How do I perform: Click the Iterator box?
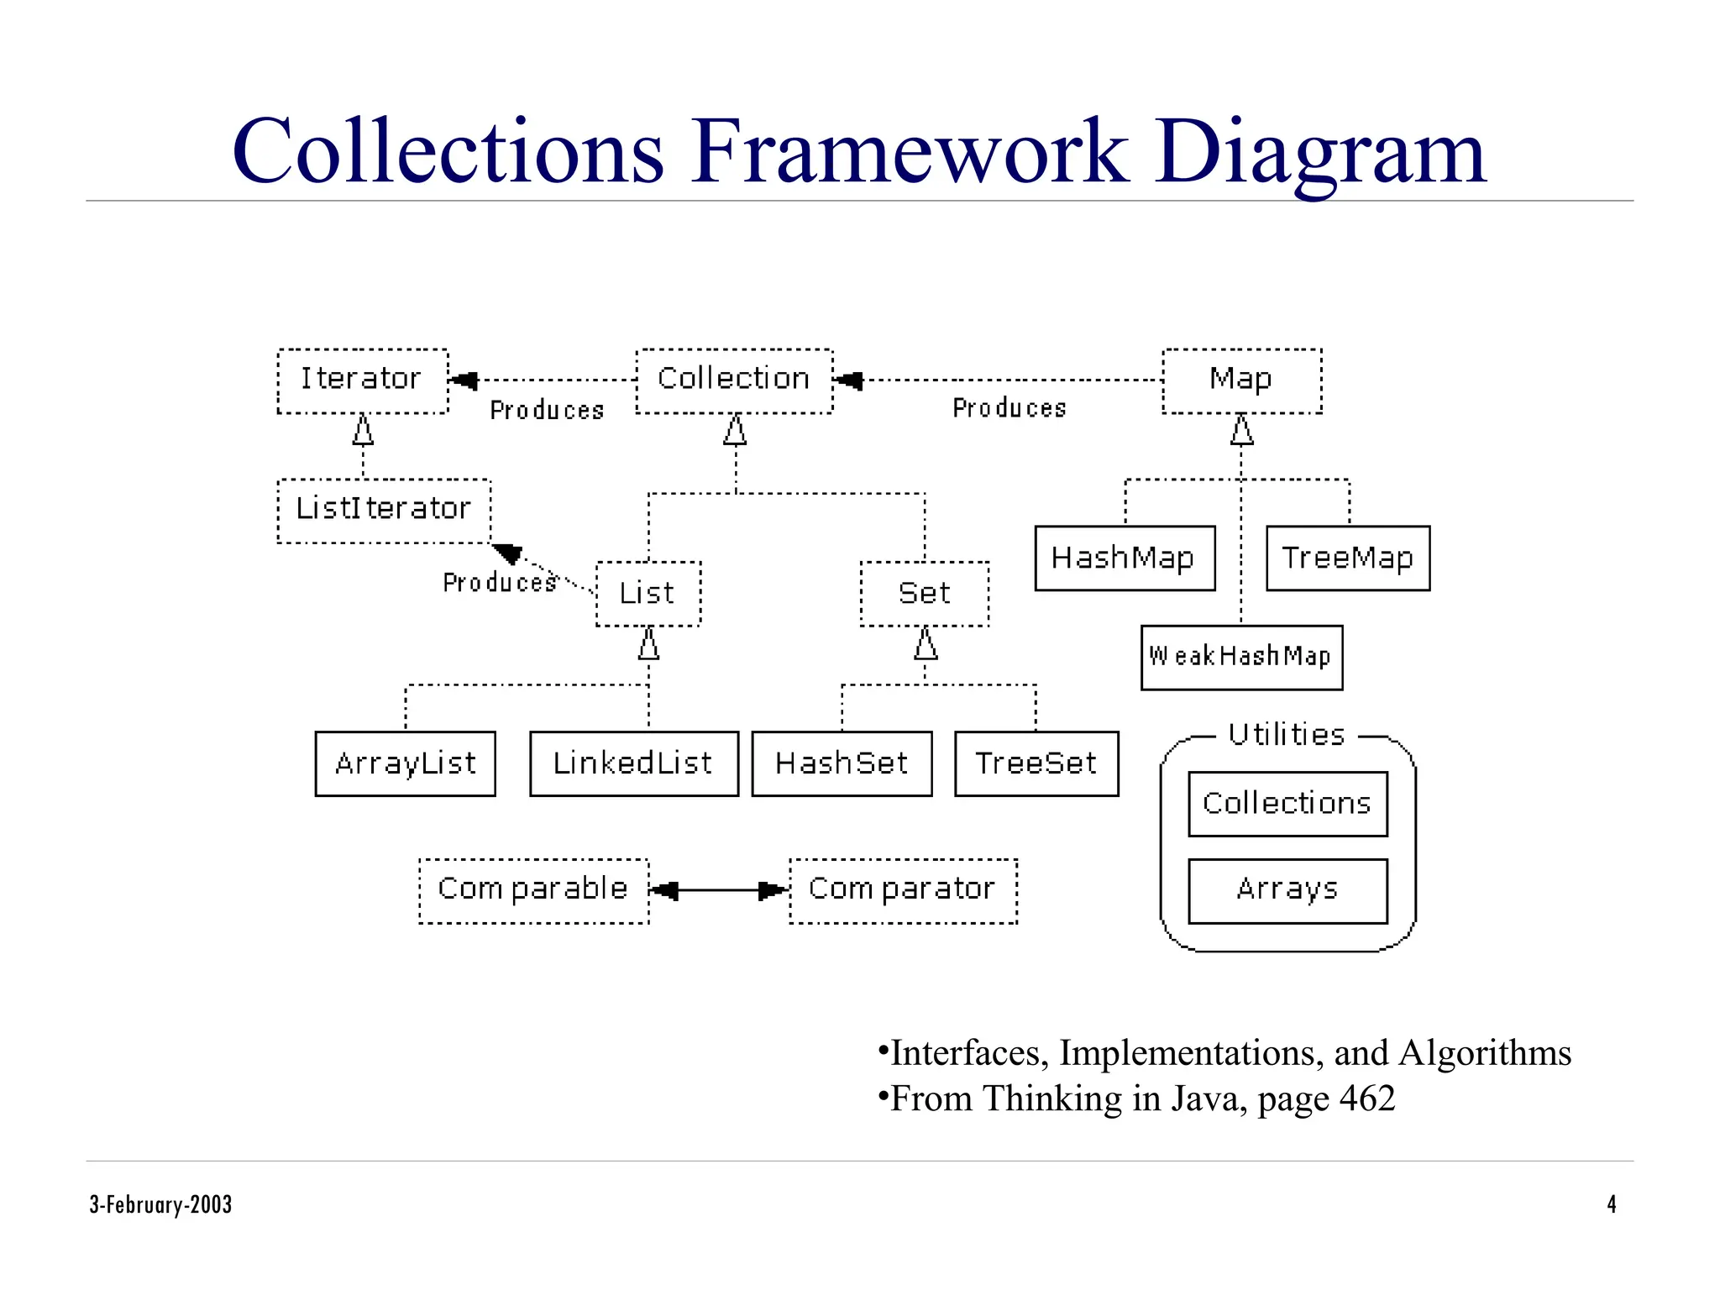[362, 380]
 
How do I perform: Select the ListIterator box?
[384, 511]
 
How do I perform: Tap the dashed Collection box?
[734, 380]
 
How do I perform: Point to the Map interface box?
[1241, 380]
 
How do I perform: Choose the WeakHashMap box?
[1241, 658]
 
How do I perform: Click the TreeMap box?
[1347, 558]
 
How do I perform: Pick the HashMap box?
[1125, 558]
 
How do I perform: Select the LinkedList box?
[634, 763]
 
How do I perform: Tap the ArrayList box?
[405, 763]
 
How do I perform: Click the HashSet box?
[842, 763]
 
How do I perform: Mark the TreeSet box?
[1036, 763]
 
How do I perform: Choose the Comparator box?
[903, 890]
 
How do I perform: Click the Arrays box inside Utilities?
[1287, 890]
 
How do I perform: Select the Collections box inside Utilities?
[1287, 804]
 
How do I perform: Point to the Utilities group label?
[1286, 735]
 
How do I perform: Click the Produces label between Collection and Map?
[1009, 408]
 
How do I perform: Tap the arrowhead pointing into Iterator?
[464, 380]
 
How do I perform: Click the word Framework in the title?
[909, 152]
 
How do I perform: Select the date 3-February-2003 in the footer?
[160, 1204]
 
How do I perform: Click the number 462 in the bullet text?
[1366, 1099]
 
